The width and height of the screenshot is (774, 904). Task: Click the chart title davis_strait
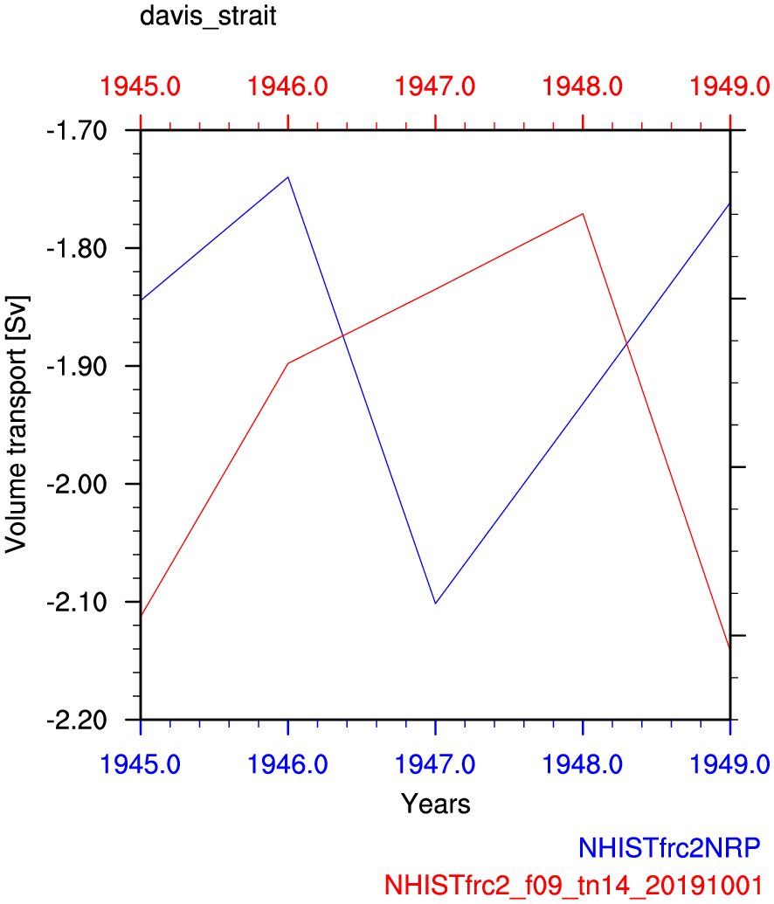pyautogui.click(x=208, y=17)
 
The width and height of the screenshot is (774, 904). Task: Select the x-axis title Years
pyautogui.click(x=435, y=804)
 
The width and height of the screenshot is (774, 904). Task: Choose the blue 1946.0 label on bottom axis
pyautogui.click(x=288, y=763)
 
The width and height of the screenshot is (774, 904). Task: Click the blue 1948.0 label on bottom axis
pyautogui.click(x=583, y=763)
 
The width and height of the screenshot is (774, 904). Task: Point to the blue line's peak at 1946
pyautogui.click(x=288, y=177)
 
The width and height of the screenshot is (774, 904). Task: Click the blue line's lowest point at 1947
pyautogui.click(x=435, y=604)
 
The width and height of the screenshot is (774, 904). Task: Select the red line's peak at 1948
pyautogui.click(x=583, y=213)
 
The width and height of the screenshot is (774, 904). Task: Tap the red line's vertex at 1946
pyautogui.click(x=288, y=362)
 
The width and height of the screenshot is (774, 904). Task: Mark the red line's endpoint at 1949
pyautogui.click(x=729, y=647)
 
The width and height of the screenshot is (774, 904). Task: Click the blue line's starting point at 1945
pyautogui.click(x=141, y=300)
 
